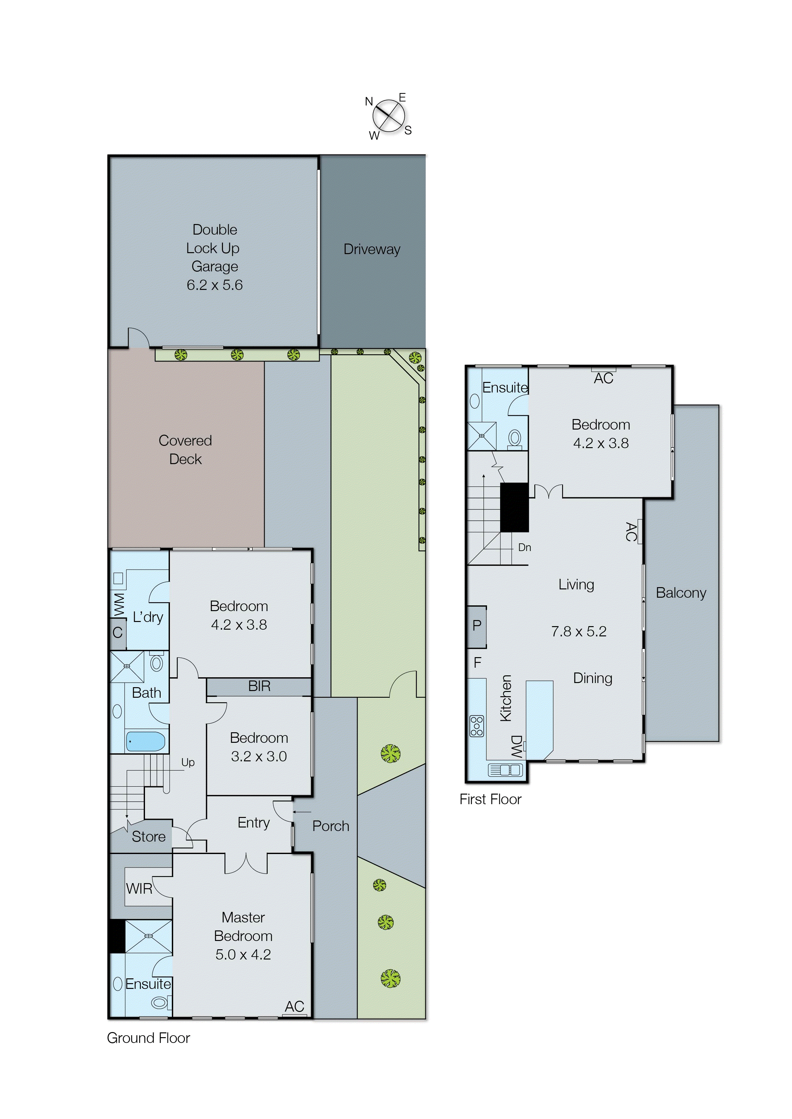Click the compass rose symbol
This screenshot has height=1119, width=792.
(x=389, y=116)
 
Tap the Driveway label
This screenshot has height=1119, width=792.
(x=372, y=249)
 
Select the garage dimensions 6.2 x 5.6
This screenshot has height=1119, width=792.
(x=215, y=285)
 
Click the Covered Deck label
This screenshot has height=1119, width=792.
(x=185, y=449)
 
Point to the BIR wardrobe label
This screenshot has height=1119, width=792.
(x=259, y=686)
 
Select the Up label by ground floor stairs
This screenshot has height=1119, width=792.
(x=188, y=762)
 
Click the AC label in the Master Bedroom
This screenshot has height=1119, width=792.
(x=294, y=1006)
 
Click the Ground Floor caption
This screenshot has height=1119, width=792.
(x=148, y=1038)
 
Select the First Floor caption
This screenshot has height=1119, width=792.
(x=490, y=799)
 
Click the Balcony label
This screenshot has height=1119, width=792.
(x=681, y=593)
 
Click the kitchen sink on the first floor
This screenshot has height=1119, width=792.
(x=505, y=770)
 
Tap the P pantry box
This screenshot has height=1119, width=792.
(x=477, y=625)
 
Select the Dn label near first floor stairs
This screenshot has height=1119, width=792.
(x=524, y=548)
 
